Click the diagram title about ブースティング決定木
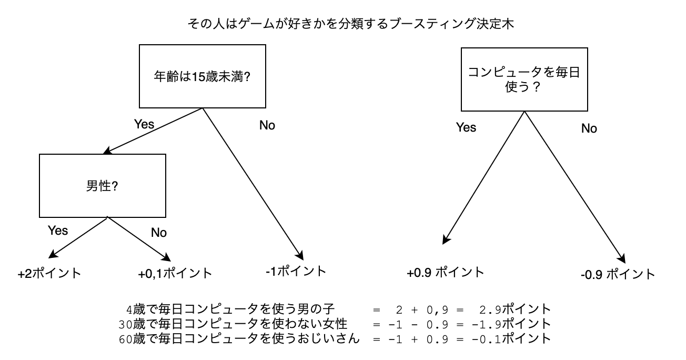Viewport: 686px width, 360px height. [351, 24]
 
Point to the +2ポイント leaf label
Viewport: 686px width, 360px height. [49, 274]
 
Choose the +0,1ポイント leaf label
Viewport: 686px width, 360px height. [175, 274]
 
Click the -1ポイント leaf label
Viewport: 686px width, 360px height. [296, 272]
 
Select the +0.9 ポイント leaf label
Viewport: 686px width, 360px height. [445, 273]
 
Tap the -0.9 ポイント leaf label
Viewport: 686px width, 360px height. [618, 274]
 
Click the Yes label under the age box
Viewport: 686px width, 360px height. [144, 124]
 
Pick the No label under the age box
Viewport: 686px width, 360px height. [267, 125]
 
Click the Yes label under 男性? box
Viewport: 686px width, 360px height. [58, 231]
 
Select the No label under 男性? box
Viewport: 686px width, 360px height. [159, 233]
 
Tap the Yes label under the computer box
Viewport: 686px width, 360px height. [466, 127]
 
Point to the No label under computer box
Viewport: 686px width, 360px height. [589, 128]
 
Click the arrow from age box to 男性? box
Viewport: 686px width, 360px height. [153, 131]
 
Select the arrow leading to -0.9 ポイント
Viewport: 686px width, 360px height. [574, 187]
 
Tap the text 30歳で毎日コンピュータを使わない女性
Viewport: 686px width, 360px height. [233, 324]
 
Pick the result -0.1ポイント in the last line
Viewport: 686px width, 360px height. [511, 339]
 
